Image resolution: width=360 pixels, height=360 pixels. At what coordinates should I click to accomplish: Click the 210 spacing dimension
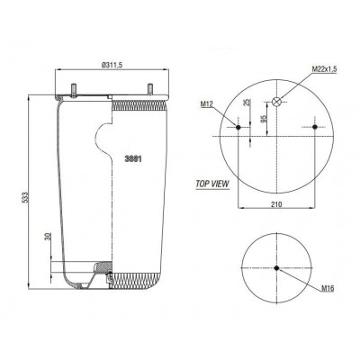pyautogui.click(x=277, y=204)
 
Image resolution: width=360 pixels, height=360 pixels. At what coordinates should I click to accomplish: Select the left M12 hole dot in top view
pyautogui.click(x=238, y=127)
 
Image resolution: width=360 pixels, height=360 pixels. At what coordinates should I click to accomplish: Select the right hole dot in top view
pyautogui.click(x=315, y=127)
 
